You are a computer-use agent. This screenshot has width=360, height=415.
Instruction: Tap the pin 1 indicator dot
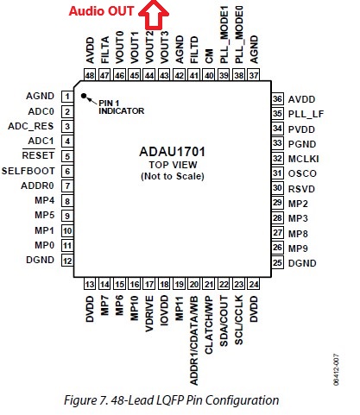[x=84, y=96]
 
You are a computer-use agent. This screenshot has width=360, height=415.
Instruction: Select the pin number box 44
[x=149, y=75]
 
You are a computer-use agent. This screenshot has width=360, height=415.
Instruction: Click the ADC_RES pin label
[x=31, y=126]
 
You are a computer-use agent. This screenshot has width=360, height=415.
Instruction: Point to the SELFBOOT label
[x=28, y=171]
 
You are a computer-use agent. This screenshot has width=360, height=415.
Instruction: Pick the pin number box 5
[x=67, y=156]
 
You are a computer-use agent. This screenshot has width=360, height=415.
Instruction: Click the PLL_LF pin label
[x=306, y=114]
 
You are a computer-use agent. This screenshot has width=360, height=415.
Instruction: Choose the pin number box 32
[x=277, y=159]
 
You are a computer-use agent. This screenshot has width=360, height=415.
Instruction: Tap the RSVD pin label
[x=301, y=189]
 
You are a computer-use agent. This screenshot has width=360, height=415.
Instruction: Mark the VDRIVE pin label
[x=149, y=314]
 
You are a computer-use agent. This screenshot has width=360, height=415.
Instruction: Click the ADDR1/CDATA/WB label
[x=194, y=341]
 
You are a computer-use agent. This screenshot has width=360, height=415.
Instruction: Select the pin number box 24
[x=254, y=285]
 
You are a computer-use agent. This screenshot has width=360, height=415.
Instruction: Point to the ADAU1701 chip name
[x=173, y=152]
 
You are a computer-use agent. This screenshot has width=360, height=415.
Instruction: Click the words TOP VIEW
[x=173, y=165]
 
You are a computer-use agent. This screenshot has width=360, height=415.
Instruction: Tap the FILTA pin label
[x=105, y=50]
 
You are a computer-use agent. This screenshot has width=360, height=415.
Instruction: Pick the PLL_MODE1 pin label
[x=224, y=35]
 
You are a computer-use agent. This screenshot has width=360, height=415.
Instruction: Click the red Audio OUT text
[x=102, y=11]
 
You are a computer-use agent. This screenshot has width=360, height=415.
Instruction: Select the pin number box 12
[x=67, y=261]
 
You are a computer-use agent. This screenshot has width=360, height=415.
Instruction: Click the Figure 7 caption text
[x=172, y=400]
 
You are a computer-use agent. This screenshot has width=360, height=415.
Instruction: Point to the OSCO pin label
[x=302, y=173]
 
